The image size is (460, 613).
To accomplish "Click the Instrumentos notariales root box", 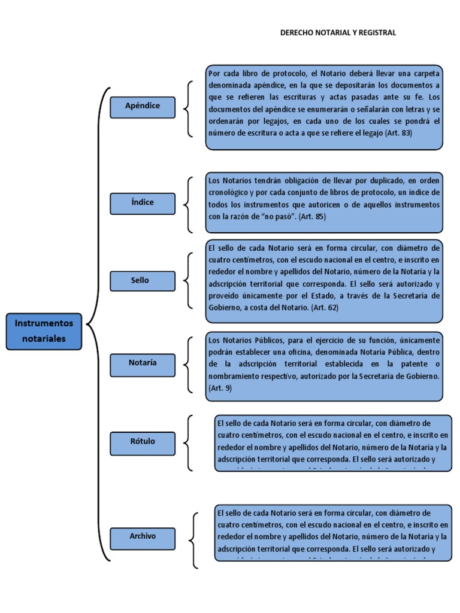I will [44, 331].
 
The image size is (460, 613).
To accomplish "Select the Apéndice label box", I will [143, 107].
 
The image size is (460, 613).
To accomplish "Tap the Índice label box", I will [143, 203].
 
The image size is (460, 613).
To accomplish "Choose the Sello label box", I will [143, 281].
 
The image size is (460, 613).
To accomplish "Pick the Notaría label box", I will [143, 363].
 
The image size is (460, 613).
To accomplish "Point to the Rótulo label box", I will [143, 442].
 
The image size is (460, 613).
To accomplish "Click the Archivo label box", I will [143, 537].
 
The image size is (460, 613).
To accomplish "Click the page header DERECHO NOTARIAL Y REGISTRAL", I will [338, 33].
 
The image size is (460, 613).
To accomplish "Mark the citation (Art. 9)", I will [220, 388].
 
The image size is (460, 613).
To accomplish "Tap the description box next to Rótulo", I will [333, 443].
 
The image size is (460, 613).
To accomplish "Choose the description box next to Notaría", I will [325, 365].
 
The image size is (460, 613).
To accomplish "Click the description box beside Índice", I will [325, 204].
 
